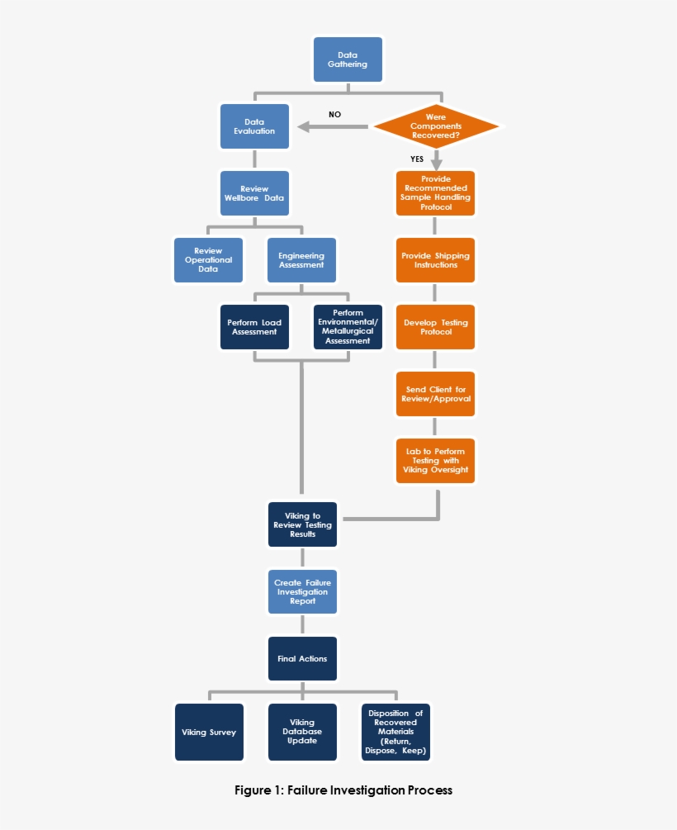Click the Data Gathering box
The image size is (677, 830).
pyautogui.click(x=348, y=59)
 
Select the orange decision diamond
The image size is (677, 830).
pyautogui.click(x=436, y=126)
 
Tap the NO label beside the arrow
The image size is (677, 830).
pyautogui.click(x=334, y=114)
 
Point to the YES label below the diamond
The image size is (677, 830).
pyautogui.click(x=417, y=159)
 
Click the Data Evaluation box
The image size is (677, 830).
pyautogui.click(x=254, y=126)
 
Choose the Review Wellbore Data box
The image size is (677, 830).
pyautogui.click(x=254, y=193)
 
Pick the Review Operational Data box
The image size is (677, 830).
pyautogui.click(x=208, y=260)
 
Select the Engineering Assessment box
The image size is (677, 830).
pyautogui.click(x=301, y=260)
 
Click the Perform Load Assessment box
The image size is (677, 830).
pyautogui.click(x=254, y=327)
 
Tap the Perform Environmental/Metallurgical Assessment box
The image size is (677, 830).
pyautogui.click(x=348, y=327)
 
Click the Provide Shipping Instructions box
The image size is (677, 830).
pyautogui.click(x=436, y=260)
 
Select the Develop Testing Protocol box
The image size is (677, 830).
pyautogui.click(x=436, y=327)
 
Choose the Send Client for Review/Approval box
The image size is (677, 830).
pyautogui.click(x=436, y=394)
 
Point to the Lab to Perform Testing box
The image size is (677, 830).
pyautogui.click(x=436, y=461)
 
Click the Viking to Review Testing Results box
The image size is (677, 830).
pyautogui.click(x=302, y=524)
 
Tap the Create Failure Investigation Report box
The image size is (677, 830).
pyautogui.click(x=302, y=591)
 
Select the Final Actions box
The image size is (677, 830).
pyautogui.click(x=302, y=658)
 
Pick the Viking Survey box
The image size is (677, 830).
pyautogui.click(x=209, y=732)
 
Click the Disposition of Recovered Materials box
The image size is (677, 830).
pyautogui.click(x=395, y=732)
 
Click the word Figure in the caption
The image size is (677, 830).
pyautogui.click(x=253, y=790)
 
